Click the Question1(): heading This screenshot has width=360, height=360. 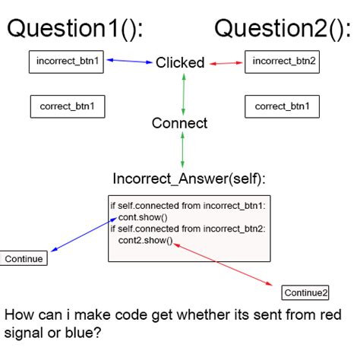point(75,29)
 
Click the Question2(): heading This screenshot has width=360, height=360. point(283,29)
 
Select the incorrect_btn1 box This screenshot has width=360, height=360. point(66,62)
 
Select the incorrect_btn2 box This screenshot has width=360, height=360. point(282,62)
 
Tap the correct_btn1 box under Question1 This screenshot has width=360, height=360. point(68,106)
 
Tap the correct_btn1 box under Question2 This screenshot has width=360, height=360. point(282,106)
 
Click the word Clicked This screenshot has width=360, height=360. point(180,62)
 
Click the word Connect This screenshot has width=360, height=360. point(179,123)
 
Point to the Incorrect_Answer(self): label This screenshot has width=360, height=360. point(189,178)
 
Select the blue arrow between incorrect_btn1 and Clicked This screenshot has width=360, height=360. point(130,61)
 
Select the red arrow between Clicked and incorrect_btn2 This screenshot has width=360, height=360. point(226,63)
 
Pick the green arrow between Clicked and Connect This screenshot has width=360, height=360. point(184,94)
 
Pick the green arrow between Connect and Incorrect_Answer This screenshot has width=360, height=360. point(182,150)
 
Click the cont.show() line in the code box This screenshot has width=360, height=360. point(143,217)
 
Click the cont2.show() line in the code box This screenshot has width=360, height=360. point(145,240)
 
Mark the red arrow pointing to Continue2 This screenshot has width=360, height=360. point(223,264)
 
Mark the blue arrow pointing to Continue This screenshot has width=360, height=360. point(84,235)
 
